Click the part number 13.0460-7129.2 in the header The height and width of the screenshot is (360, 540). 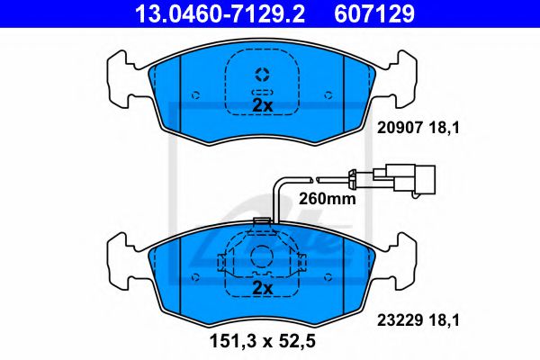click(220, 13)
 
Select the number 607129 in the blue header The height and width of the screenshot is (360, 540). click(374, 13)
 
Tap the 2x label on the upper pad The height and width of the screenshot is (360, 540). click(263, 105)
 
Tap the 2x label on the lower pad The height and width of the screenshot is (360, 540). click(263, 288)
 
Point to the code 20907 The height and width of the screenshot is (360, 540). click(400, 128)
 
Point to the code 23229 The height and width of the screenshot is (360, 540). click(400, 320)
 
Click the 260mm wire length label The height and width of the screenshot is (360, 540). click(327, 199)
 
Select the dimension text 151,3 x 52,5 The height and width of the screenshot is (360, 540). click(263, 342)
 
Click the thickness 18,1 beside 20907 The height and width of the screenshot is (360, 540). click(445, 128)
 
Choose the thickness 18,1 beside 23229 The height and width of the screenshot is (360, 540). click(445, 320)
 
